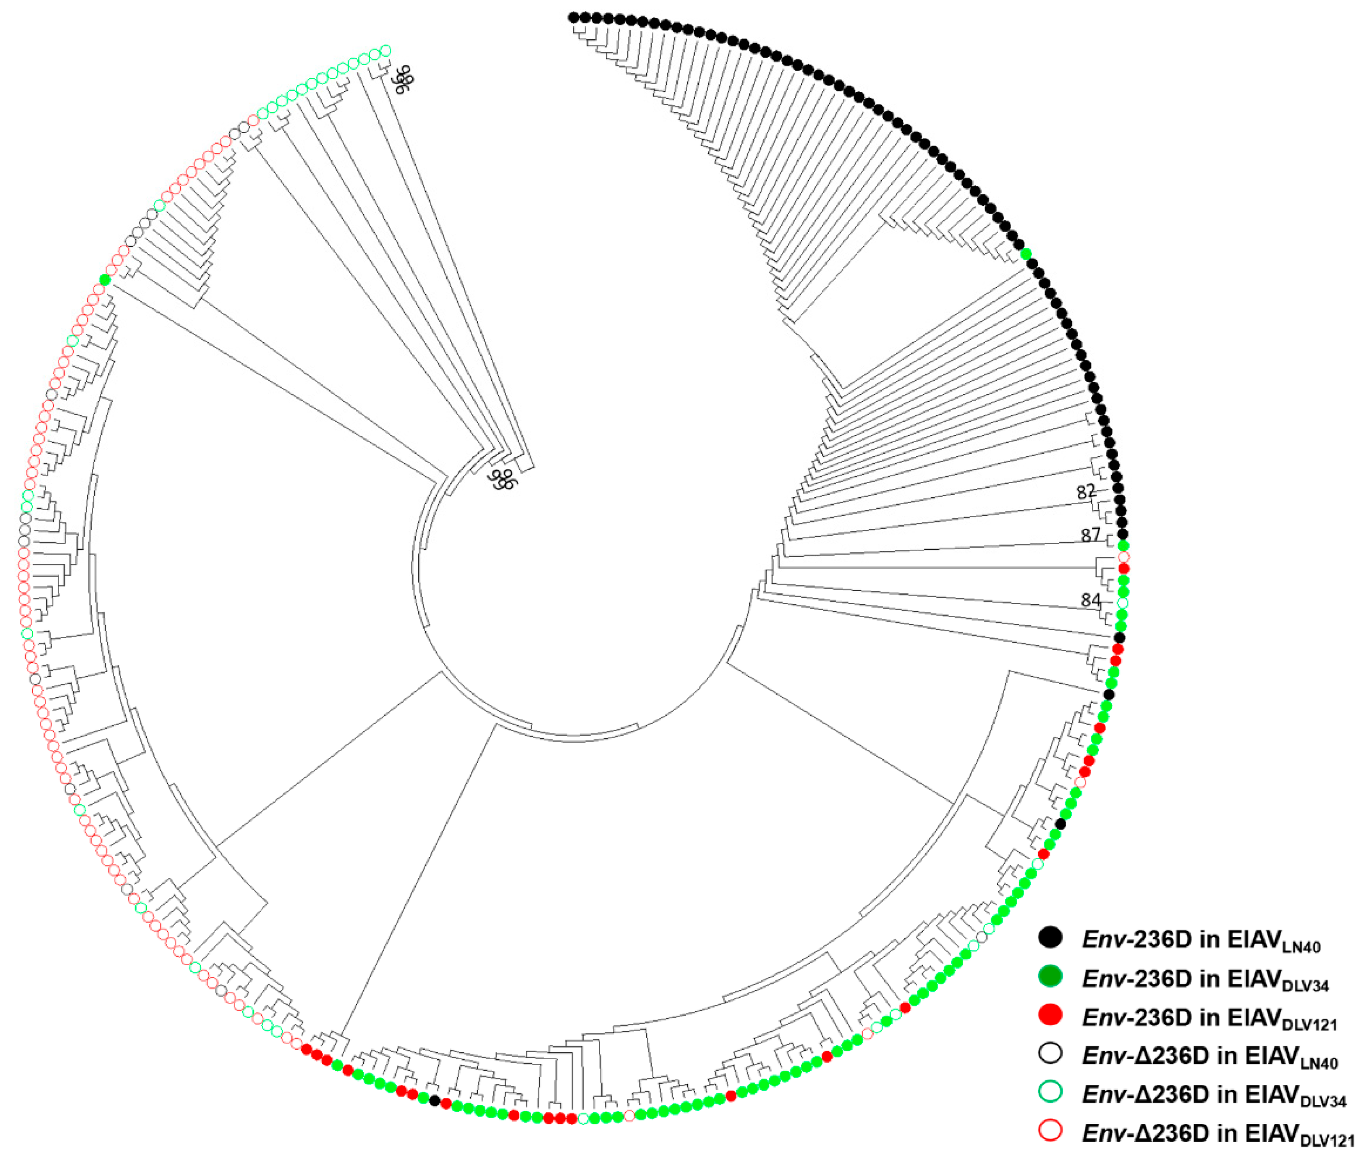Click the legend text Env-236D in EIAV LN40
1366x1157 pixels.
tap(1201, 941)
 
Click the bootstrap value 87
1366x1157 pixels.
tap(1090, 535)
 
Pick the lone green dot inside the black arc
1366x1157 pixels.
tap(1026, 254)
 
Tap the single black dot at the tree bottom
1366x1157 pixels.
tap(434, 1101)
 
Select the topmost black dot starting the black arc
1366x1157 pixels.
tap(574, 17)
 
